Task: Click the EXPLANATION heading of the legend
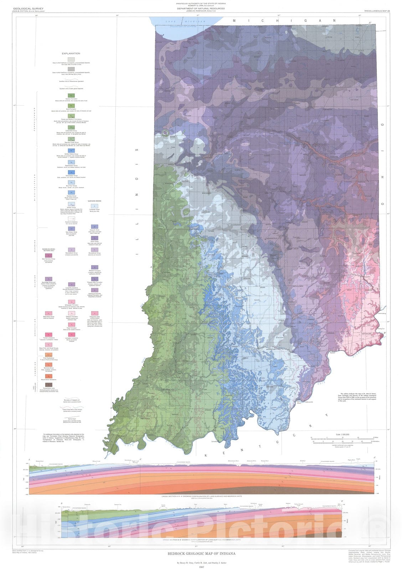coord(71,54)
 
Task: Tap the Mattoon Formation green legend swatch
coord(71,96)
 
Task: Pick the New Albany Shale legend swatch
coord(71,228)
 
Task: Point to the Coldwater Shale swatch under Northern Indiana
coord(94,206)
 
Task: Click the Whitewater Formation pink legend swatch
coord(71,302)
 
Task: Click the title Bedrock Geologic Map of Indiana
coord(202,554)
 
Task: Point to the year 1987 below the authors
coord(202,567)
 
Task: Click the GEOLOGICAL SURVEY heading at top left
coord(24,9)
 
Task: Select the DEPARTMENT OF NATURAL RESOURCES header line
coord(201,9)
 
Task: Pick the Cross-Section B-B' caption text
coord(202,540)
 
